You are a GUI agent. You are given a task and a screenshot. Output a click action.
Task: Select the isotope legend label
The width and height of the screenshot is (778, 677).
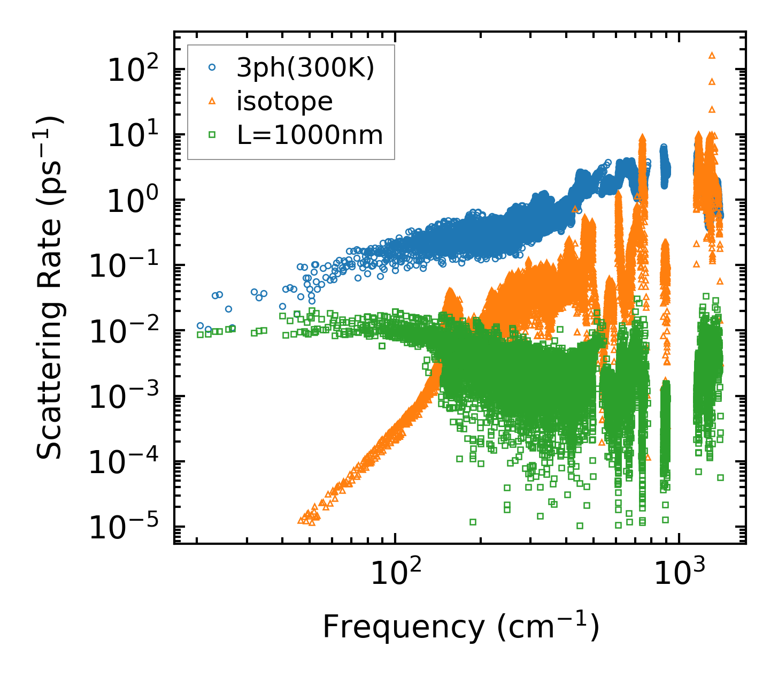click(284, 102)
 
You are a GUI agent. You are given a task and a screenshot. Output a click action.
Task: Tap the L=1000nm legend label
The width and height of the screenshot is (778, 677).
click(310, 135)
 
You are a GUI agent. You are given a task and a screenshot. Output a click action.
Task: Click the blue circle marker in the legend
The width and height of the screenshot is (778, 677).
click(212, 68)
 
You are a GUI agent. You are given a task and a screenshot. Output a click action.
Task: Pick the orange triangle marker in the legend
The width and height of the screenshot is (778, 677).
click(212, 101)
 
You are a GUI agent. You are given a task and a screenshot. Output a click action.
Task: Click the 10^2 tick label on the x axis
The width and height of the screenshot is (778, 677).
click(395, 574)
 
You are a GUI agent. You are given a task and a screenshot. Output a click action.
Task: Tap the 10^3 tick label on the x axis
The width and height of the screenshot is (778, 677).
click(679, 574)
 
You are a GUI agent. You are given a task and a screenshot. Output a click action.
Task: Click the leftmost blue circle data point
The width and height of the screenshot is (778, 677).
click(200, 325)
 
